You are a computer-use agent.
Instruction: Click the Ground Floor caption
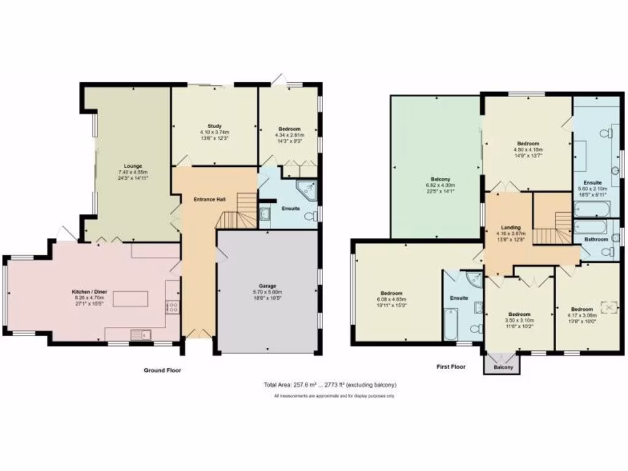click(163, 370)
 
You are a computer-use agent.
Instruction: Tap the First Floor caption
click(451, 367)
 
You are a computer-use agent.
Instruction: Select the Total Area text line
click(330, 385)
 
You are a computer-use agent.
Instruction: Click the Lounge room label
click(132, 166)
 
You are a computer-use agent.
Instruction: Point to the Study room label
click(214, 126)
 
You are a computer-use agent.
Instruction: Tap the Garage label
click(267, 286)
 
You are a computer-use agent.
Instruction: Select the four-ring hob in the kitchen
click(173, 307)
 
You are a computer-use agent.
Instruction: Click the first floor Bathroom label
click(595, 239)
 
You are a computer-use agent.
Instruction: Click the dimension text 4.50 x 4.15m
click(527, 149)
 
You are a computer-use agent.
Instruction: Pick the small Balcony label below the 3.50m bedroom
click(503, 367)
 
